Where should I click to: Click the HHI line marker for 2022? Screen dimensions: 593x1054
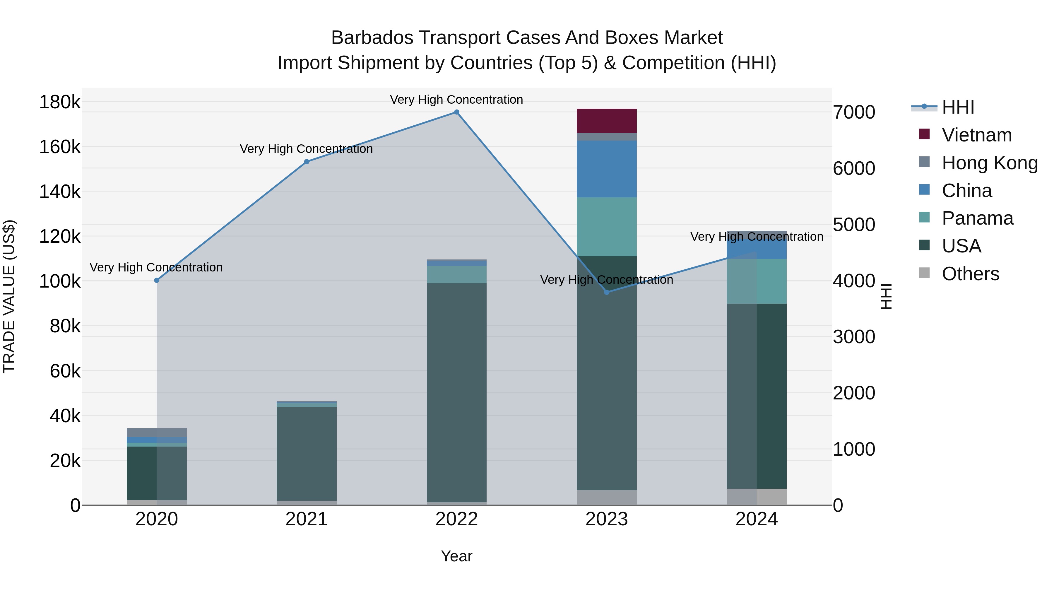[457, 112]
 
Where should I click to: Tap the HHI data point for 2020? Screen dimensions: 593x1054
[157, 280]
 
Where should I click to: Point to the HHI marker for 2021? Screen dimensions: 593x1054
[307, 162]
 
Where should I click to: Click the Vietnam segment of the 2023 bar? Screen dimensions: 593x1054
[607, 121]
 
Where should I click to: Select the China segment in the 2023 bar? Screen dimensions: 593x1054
[607, 169]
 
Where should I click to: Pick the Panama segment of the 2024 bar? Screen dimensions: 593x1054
[757, 281]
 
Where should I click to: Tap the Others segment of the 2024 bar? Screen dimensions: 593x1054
[757, 497]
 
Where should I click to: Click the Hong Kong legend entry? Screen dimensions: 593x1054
[989, 163]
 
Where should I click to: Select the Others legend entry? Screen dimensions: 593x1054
[970, 274]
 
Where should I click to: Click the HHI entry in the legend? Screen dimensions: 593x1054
[957, 107]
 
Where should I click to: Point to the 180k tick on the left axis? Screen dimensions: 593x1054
[60, 102]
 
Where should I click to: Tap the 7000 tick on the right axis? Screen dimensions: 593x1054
[854, 112]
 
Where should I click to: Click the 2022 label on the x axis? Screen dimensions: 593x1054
[457, 519]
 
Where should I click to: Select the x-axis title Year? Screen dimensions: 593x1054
[457, 556]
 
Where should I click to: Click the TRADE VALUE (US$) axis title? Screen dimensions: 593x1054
[9, 296]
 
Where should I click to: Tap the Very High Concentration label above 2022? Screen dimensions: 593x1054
[457, 100]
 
